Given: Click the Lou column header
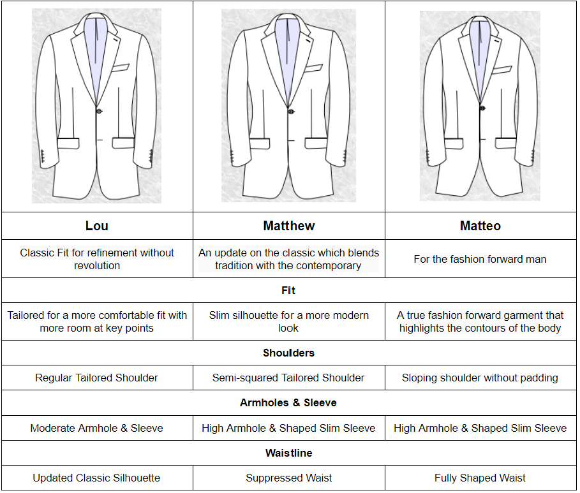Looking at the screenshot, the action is point(97,226).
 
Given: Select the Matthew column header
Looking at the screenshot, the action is point(288,226).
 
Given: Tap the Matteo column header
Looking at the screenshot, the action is point(480,226).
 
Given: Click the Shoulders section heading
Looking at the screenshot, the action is point(288,353).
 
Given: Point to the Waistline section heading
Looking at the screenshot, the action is point(288,453).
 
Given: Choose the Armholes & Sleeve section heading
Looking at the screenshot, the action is point(288,402).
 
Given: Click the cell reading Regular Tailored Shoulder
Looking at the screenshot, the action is point(97,378).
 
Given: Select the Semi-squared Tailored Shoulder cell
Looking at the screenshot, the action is point(288,378).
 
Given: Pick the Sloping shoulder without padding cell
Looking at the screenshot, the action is point(480,378).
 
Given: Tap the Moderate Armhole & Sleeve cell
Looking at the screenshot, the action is point(97,428).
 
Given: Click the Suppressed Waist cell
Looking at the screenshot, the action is point(288,478).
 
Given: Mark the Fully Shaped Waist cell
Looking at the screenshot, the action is point(480,478).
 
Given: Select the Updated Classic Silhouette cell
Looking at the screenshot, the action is point(97,478).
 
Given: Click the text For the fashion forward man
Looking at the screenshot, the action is point(480,259).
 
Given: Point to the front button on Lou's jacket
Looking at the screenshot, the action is point(100,111).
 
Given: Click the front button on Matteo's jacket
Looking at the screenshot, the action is point(482,108).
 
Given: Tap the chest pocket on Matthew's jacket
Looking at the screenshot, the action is point(313,68).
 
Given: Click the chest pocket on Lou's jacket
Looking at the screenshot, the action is point(120,67).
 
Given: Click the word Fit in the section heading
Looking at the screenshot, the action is point(288,290).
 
